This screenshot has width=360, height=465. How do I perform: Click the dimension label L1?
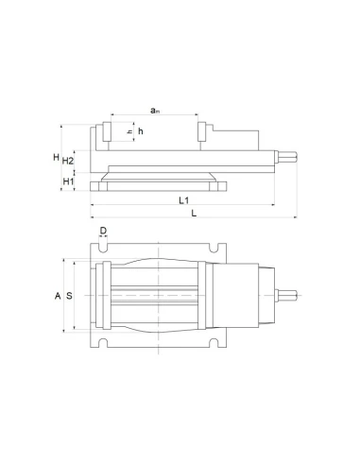coord(183,200)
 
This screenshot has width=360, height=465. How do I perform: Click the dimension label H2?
coord(68,161)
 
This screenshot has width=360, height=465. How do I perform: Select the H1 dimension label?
coord(68,181)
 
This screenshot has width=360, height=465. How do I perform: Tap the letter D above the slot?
coord(103,231)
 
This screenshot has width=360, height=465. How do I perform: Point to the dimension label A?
coord(58,296)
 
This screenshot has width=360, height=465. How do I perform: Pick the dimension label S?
coord(69,296)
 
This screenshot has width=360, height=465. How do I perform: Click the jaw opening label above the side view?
coord(154,111)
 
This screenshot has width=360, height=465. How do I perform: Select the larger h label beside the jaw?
coord(141,131)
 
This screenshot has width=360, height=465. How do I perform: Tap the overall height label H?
coord(57,157)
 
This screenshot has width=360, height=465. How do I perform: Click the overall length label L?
coord(194,214)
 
